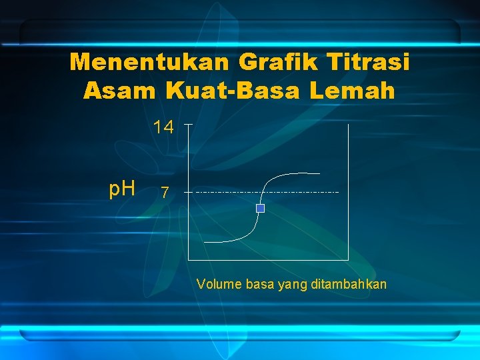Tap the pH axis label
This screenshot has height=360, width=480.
123,190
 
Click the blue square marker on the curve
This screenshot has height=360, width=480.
261,209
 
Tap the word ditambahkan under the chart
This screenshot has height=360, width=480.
349,285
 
